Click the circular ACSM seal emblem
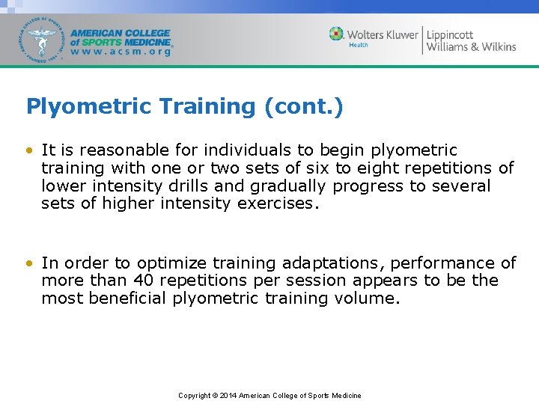click(43, 39)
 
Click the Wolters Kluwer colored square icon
click(337, 34)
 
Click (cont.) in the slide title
click(304, 106)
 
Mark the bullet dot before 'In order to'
click(29, 263)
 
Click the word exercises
click(277, 204)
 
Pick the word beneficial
click(128, 299)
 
